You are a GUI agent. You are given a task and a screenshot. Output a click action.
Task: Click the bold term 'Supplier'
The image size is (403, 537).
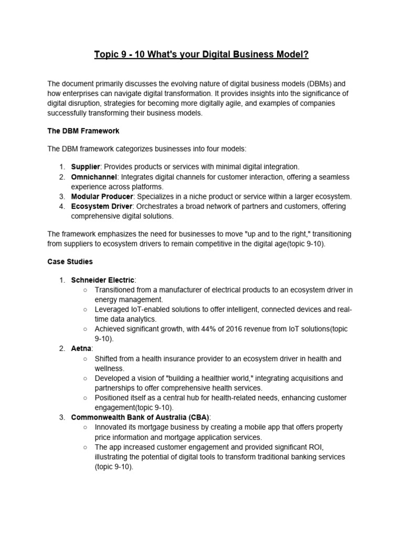point(86,166)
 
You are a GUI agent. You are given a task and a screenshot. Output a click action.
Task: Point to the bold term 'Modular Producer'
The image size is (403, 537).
point(102,197)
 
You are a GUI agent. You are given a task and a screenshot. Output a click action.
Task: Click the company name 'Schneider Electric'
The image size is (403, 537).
point(102,280)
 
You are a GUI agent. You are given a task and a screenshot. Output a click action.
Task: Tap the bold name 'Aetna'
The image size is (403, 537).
point(81,348)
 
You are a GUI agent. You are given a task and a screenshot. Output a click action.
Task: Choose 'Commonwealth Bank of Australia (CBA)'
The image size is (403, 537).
point(140,417)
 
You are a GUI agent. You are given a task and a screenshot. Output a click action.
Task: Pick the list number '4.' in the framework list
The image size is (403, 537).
point(62,207)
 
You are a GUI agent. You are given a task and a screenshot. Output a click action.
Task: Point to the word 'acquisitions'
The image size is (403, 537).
point(309,378)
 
